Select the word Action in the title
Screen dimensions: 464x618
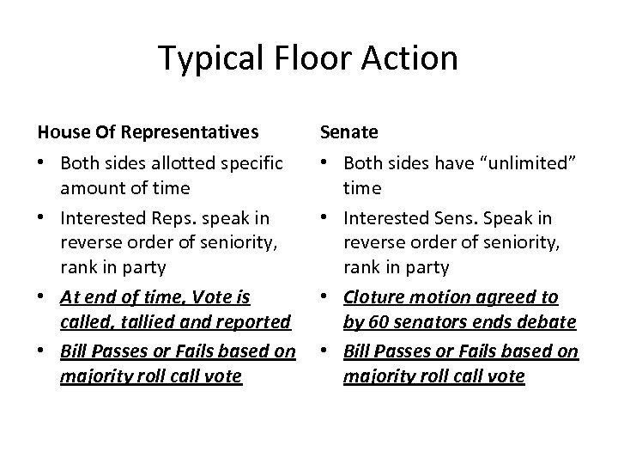tap(414, 58)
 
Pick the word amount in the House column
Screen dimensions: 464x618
tap(88, 186)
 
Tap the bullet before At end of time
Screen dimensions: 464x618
tap(42, 297)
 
